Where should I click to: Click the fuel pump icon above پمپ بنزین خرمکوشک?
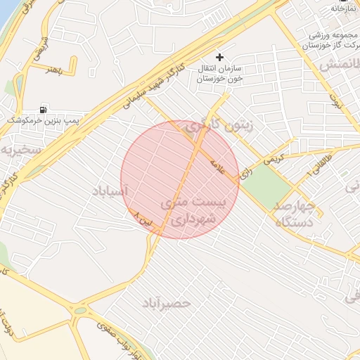tap(44, 110)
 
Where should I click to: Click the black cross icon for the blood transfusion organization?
tap(220, 57)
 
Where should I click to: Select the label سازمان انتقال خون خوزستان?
tap(220, 73)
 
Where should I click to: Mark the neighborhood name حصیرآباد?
tap(167, 303)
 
